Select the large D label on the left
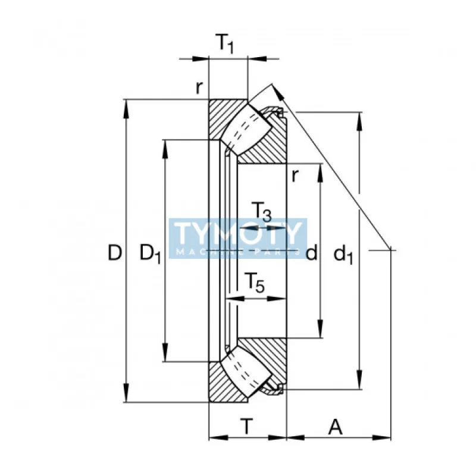pos(115,252)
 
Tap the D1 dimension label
pos(150,253)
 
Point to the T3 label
pos(261,212)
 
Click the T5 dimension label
pos(255,283)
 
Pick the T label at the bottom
pos(247,427)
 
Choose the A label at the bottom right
pos(335,427)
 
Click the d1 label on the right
pos(343,255)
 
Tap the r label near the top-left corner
pos(199,87)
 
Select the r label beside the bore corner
pos(295,175)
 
